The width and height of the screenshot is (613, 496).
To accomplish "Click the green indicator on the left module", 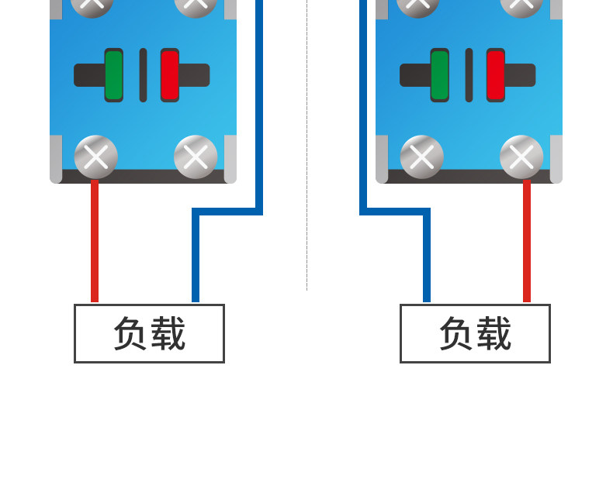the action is pyautogui.click(x=114, y=75).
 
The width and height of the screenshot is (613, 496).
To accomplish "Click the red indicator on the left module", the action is pyautogui.click(x=170, y=75).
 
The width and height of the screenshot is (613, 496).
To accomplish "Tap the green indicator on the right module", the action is pyautogui.click(x=439, y=75).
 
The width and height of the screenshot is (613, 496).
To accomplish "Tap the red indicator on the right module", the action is pyautogui.click(x=496, y=75).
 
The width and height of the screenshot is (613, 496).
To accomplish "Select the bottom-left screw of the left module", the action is pyautogui.click(x=95, y=157).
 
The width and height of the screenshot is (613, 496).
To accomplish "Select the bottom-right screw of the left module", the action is pyautogui.click(x=196, y=157).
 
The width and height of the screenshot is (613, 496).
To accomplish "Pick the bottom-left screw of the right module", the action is pyautogui.click(x=422, y=157).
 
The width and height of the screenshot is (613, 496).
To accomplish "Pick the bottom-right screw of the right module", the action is pyautogui.click(x=521, y=157).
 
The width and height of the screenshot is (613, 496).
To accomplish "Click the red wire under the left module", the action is pyautogui.click(x=95, y=240).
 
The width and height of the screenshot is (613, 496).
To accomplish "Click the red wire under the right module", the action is pyautogui.click(x=527, y=240).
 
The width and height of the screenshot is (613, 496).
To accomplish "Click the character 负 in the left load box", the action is pyautogui.click(x=130, y=333).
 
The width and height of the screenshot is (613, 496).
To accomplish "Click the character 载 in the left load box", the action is pyautogui.click(x=168, y=333).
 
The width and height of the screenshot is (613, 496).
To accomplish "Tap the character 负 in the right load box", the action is pyautogui.click(x=456, y=333).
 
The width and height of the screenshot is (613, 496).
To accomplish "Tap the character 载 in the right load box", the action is pyautogui.click(x=494, y=333).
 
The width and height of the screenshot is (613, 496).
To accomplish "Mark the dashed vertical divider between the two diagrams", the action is pyautogui.click(x=307, y=145).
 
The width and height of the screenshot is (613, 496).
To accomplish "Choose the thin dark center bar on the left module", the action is pyautogui.click(x=143, y=75).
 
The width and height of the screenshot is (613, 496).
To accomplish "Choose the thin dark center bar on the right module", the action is pyautogui.click(x=469, y=75).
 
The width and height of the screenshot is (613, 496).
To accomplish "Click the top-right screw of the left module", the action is pyautogui.click(x=196, y=5).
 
